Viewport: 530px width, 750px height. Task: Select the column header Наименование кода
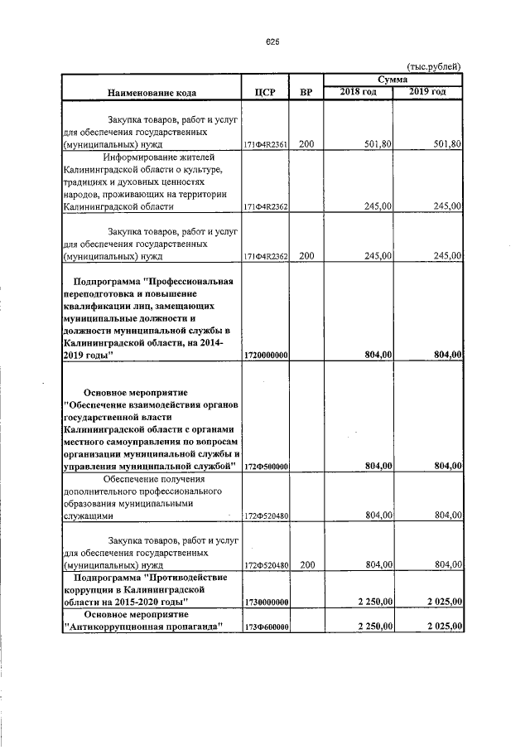tap(152, 91)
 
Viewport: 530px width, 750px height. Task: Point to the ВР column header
tap(306, 91)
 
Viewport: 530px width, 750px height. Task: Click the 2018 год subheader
tap(358, 91)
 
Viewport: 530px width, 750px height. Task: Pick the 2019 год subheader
tap(427, 91)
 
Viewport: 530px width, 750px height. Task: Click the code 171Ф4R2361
tap(265, 145)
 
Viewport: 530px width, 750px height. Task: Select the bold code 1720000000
tap(265, 355)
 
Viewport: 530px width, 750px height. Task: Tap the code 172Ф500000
tap(265, 467)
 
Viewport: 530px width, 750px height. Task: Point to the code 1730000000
tap(265, 602)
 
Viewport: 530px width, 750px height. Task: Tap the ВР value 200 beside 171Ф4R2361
tap(306, 144)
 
